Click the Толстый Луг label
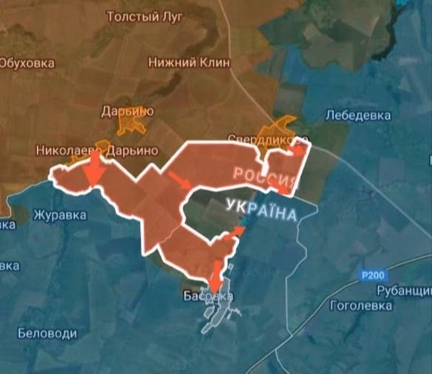[145, 17]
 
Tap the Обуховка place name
[27, 63]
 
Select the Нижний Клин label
[189, 63]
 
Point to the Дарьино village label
[127, 111]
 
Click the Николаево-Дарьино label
[97, 150]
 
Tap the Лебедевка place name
[358, 115]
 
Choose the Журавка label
[60, 215]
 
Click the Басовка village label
[208, 296]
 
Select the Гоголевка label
[361, 306]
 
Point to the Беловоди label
[48, 333]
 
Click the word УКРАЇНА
[261, 210]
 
